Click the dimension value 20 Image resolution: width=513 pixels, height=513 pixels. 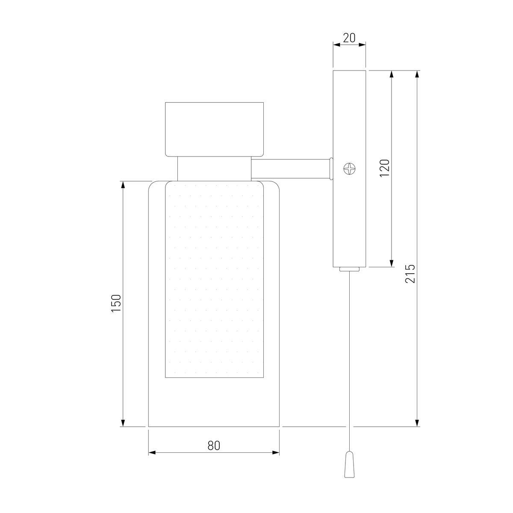349,38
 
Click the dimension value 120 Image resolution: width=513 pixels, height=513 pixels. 385,168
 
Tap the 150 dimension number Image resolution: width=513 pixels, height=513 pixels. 116,304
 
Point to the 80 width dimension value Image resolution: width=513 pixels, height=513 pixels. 214,445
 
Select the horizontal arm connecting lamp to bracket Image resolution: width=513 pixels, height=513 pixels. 292,168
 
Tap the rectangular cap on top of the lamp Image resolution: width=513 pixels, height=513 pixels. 214,130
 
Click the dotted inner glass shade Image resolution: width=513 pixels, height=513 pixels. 214,279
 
